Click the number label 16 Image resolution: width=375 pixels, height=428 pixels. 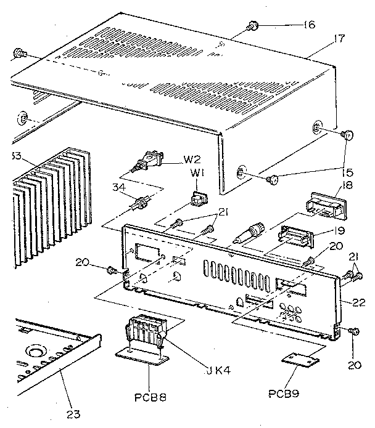coord(308,25)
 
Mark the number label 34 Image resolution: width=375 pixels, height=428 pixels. coord(122,187)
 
